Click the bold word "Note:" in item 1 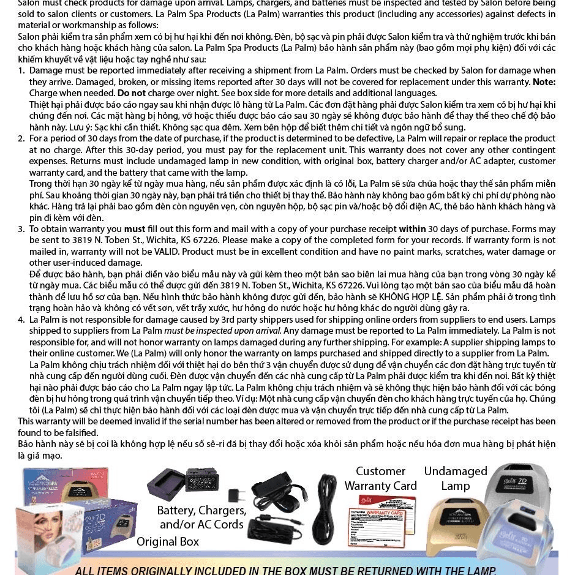pyautogui.click(x=544, y=82)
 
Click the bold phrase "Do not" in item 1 pyautogui.click(x=132, y=93)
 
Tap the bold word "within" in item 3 pyautogui.click(x=412, y=229)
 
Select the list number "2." pyautogui.click(x=21, y=138)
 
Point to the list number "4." pyautogui.click(x=21, y=320)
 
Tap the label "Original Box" pyautogui.click(x=167, y=541)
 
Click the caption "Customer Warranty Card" pyautogui.click(x=380, y=478)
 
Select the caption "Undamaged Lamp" pyautogui.click(x=456, y=478)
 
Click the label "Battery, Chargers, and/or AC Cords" pyautogui.click(x=201, y=517)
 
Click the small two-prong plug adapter pyautogui.click(x=236, y=495)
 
